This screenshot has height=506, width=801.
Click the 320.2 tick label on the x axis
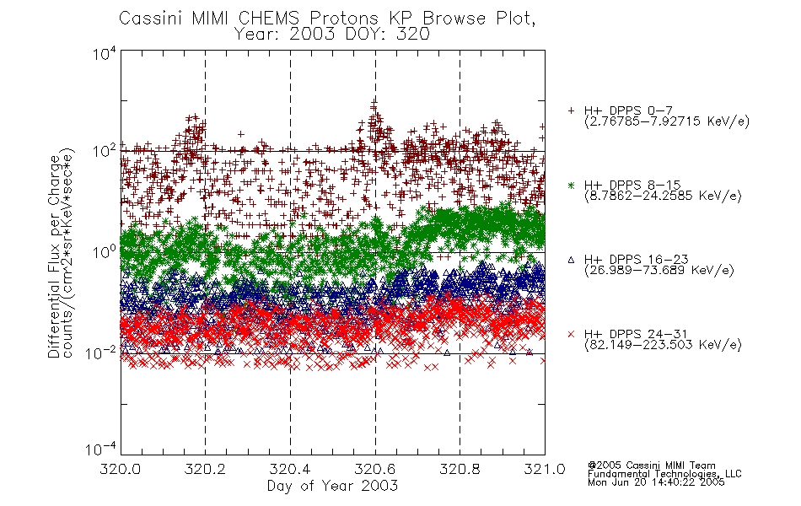205,469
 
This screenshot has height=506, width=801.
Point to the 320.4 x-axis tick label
290,469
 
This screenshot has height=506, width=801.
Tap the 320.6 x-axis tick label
375,469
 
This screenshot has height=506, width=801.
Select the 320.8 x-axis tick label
460,469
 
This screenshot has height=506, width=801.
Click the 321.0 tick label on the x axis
545,469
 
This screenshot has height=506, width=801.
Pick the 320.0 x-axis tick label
121,469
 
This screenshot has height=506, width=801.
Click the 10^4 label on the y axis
105,54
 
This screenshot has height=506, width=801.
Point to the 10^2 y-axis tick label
105,152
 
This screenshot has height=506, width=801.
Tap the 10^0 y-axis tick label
105,252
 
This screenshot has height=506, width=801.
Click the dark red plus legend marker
571,110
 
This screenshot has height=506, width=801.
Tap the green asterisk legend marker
571,185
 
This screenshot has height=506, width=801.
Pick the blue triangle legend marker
571,260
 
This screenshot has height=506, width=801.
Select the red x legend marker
571,334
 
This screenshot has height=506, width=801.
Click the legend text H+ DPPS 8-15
632,185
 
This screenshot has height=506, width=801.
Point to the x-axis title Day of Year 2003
332,486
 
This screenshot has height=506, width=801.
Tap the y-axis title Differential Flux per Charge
54,256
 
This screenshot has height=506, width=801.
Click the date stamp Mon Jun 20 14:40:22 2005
656,482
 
